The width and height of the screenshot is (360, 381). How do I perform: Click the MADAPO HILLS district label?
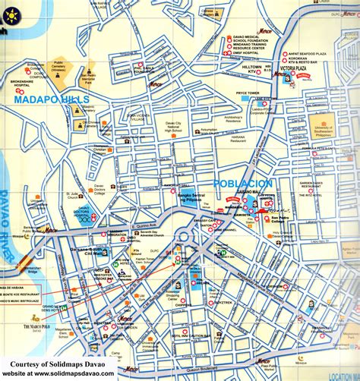[x=51, y=99]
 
